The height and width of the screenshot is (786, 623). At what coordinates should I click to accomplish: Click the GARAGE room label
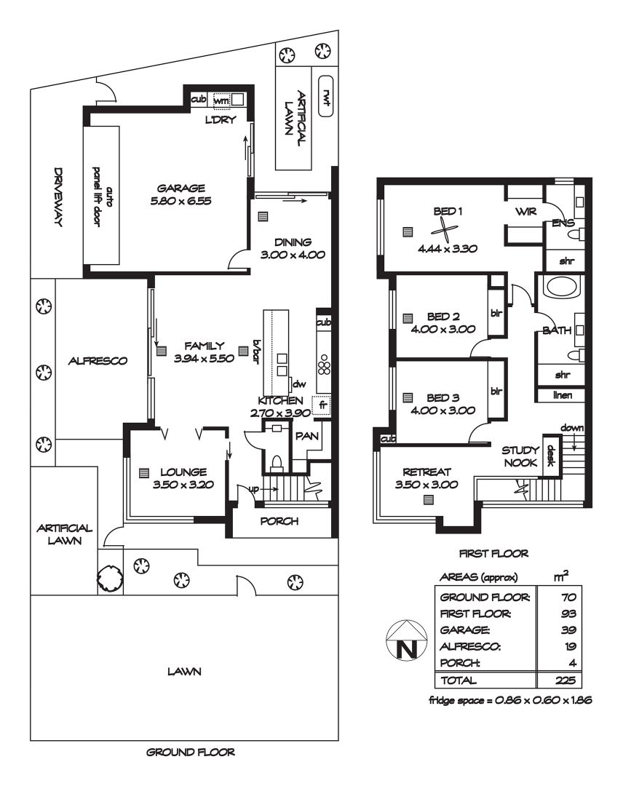(181, 188)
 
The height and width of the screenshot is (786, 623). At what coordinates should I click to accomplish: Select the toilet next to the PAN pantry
(275, 462)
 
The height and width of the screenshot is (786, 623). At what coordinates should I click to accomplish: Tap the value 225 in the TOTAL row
(566, 680)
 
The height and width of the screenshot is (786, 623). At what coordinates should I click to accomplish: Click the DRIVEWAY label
(59, 196)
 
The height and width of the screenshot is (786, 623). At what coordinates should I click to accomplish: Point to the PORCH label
(279, 521)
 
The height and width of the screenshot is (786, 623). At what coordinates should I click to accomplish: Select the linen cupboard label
(563, 395)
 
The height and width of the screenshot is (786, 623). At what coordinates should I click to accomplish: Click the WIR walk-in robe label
(525, 212)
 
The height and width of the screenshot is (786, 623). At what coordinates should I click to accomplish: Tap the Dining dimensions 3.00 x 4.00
(293, 255)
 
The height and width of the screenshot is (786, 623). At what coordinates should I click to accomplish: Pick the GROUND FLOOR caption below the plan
(191, 752)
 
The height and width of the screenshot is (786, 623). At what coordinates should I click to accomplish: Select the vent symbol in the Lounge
(144, 473)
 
